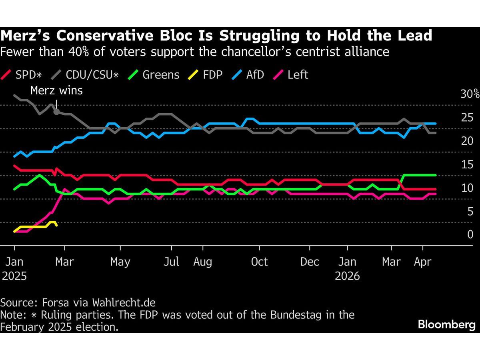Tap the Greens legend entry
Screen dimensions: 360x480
coord(156,75)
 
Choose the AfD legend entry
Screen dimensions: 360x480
coord(250,75)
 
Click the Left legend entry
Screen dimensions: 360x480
coord(292,75)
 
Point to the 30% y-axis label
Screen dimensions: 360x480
coord(470,94)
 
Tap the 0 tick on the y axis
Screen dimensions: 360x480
coord(470,234)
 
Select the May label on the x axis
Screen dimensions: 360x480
coord(120,262)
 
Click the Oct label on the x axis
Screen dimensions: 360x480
coord(259,262)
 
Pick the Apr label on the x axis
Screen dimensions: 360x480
coord(422,262)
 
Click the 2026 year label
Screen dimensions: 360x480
coord(348,276)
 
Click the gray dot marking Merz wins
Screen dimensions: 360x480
coord(56,112)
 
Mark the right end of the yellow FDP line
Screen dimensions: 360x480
coord(56,225)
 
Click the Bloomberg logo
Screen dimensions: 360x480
coord(446,324)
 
